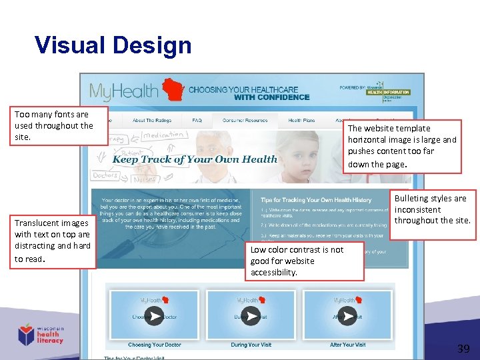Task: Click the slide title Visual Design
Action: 113,45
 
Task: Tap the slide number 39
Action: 463,348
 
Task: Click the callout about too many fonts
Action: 54,125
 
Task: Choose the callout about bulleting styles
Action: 432,209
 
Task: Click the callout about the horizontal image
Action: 402,146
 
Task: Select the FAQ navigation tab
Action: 197,121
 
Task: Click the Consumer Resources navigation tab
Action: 245,121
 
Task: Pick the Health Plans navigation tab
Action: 301,121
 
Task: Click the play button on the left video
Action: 154,316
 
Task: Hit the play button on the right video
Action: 347,316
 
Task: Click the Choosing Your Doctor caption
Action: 154,345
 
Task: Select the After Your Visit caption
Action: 347,345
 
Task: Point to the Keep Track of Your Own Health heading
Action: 195,159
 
